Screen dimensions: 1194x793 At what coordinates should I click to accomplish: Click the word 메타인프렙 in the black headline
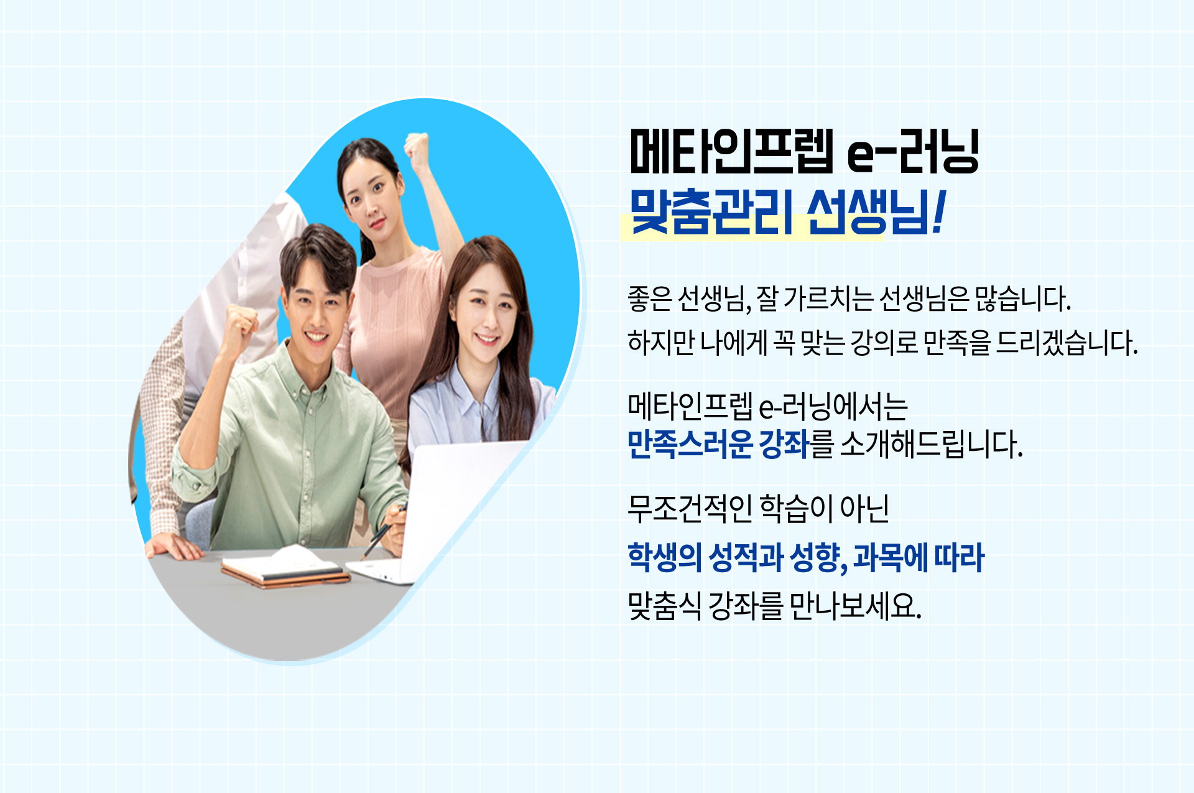coord(731,151)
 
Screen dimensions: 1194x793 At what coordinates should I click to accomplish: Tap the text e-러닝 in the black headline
coord(914,151)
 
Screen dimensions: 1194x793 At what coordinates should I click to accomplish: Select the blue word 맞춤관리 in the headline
coord(711,211)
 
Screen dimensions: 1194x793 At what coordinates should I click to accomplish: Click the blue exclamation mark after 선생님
coord(938,211)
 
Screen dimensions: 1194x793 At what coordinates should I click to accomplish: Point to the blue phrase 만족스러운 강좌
coord(718,444)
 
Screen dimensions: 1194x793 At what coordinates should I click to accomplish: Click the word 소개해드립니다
coord(932,444)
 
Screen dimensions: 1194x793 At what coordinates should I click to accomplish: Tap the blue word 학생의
coord(665,557)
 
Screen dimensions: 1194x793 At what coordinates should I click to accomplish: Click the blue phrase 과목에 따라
coord(919,557)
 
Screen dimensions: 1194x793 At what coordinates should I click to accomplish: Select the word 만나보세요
coord(856,605)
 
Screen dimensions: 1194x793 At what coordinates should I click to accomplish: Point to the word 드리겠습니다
coord(1067,343)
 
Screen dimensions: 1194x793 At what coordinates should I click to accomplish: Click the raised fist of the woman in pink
coord(417,149)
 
